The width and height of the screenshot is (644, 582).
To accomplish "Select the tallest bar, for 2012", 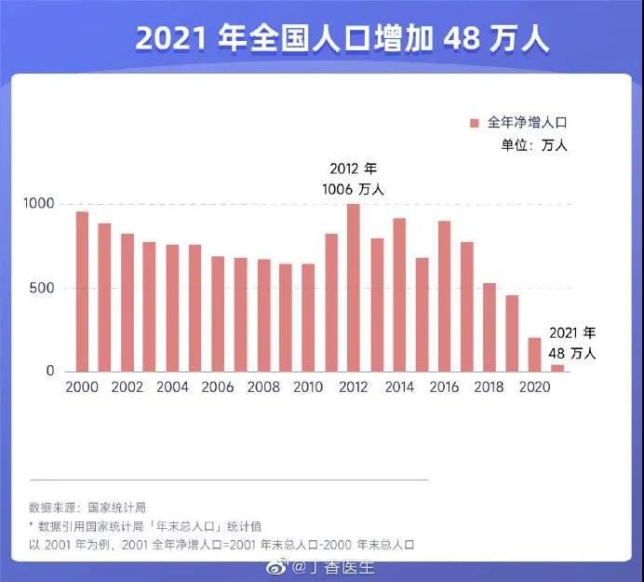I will (354, 288).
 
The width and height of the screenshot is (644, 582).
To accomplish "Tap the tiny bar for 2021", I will (557, 368).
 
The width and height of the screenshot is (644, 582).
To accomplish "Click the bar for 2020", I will (534, 355).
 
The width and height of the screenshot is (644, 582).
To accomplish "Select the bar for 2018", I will (490, 327).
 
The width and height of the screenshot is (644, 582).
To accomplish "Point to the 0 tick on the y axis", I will (50, 372).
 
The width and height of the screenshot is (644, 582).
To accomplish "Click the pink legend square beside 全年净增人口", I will (474, 123).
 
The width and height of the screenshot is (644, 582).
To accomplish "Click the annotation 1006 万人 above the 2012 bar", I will (353, 189).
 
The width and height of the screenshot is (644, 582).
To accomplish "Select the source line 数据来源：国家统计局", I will (87, 508).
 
